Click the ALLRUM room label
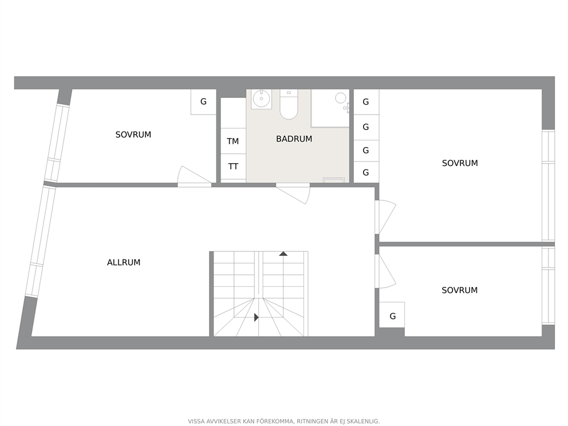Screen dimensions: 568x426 tap(124, 262)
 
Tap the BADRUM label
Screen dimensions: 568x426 tap(294, 139)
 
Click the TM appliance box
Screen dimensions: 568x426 tap(233, 141)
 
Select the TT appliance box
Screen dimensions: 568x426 tap(233, 166)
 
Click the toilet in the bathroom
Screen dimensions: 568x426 tap(289, 104)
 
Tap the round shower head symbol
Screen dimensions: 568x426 tap(341, 98)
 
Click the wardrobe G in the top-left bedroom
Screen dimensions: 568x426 tap(204, 102)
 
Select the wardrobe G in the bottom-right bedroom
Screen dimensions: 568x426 tap(392, 316)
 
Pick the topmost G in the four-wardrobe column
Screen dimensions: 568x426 tap(366, 102)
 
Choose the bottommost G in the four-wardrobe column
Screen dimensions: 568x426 tap(366, 173)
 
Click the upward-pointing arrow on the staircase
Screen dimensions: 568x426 tap(283, 254)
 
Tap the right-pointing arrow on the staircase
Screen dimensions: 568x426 tap(257, 317)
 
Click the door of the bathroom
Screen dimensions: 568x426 tap(293, 194)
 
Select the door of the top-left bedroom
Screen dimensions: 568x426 tap(195, 176)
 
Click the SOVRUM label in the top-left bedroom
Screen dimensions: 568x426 tap(133, 135)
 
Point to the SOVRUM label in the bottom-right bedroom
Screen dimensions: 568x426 tap(460, 290)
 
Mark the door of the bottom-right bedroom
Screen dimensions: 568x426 tap(385, 271)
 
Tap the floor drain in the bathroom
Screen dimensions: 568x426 tap(334, 180)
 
